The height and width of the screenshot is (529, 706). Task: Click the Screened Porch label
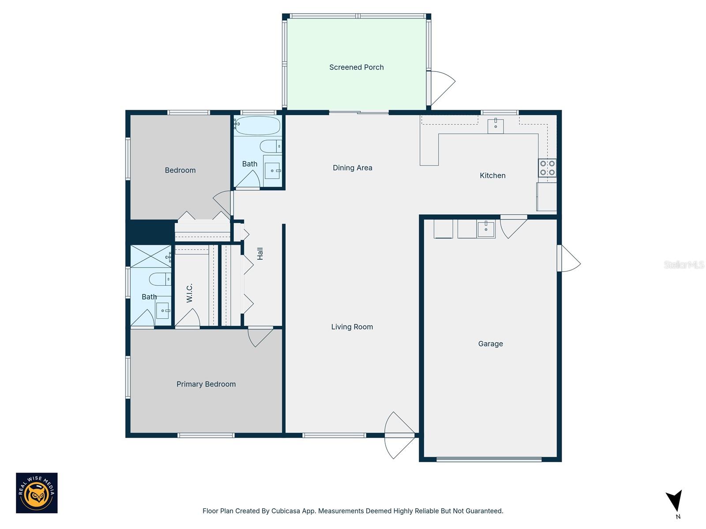point(356,67)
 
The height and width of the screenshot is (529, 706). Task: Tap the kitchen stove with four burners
point(547,168)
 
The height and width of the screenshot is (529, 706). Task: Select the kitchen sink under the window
point(496,126)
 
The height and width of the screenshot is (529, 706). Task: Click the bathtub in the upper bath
point(257,126)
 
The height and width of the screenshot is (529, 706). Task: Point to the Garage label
point(490,344)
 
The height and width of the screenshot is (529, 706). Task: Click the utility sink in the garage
point(486,229)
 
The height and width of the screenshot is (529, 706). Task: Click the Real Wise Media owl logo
point(37,493)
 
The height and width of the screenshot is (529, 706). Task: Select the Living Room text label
point(352,327)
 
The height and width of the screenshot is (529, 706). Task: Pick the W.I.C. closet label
point(189,293)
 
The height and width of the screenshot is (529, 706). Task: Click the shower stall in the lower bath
point(151,256)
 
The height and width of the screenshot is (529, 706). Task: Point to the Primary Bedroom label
point(206,384)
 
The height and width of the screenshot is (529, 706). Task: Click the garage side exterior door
point(568,259)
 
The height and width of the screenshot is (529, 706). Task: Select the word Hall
point(260,253)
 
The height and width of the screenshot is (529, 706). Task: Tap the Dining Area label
point(352,168)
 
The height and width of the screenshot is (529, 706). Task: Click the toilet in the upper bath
point(270,146)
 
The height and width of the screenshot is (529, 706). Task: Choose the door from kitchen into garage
point(513,226)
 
